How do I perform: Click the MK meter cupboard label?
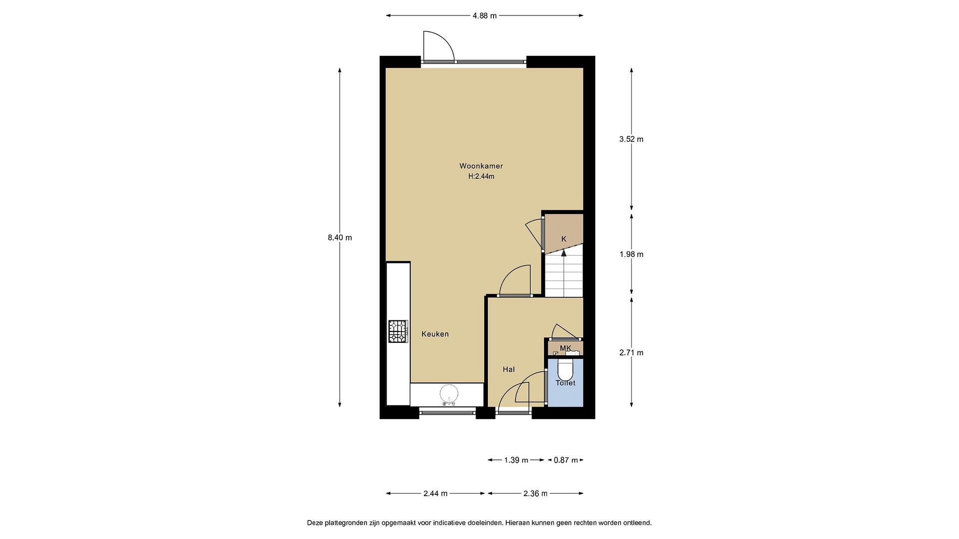565,348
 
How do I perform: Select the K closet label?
564,239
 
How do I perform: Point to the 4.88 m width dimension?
484,16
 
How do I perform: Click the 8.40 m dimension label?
340,237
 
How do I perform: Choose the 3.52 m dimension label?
631,139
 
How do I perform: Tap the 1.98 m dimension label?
631,255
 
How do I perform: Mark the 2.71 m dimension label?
631,353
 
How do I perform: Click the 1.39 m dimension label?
516,460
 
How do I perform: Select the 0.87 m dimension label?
565,460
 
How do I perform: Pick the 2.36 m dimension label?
535,494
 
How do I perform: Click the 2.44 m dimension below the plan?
435,494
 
